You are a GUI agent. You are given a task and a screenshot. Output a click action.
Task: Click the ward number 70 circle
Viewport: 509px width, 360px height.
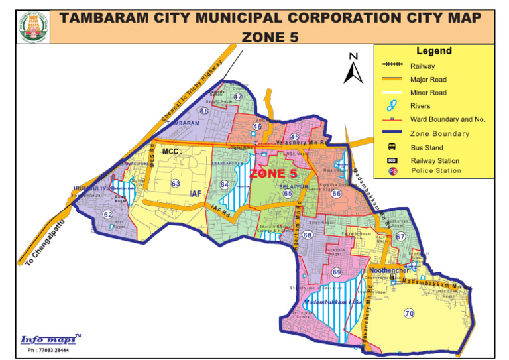pos(409,313)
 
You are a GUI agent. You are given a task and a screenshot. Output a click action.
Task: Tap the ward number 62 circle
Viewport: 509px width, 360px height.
pos(107,214)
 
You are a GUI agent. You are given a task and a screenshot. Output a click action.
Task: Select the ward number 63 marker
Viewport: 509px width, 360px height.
pos(175,183)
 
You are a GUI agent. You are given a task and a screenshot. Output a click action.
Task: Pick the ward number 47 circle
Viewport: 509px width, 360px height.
pos(239,97)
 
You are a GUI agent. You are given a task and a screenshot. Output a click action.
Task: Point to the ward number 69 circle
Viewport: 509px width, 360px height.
pos(337,272)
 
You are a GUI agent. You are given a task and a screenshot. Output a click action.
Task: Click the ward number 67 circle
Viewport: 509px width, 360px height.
pos(400,237)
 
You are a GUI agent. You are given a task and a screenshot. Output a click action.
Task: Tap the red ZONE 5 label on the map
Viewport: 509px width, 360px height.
pos(272,174)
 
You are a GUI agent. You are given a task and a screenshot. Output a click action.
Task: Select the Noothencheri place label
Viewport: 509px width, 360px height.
pos(391,270)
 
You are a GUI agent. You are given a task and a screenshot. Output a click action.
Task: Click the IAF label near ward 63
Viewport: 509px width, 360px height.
pos(196,194)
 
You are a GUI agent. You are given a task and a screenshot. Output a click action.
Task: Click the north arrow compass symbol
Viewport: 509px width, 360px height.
pos(353,68)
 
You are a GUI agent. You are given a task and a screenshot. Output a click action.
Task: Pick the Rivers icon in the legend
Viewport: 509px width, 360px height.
pos(392,105)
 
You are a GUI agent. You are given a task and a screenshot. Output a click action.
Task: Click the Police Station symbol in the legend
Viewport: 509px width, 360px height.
pos(392,171)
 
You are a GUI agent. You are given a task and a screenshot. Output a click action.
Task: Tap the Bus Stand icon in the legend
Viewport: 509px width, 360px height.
pos(392,147)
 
